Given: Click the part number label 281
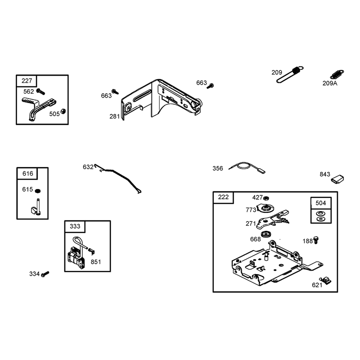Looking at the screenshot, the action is tap(115, 117).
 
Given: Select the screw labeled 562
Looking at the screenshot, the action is tap(40, 92).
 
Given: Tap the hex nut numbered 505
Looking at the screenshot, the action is tap(63, 111).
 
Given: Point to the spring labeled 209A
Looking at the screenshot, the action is tap(337, 74).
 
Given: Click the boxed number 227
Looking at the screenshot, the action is tap(27, 81).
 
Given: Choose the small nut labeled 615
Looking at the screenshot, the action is tap(38, 191).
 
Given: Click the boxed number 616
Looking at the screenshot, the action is tap(27, 174).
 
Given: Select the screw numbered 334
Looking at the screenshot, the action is tap(45, 274).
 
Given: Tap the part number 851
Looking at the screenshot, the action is tap(96, 262).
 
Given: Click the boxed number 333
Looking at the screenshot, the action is tap(75, 226).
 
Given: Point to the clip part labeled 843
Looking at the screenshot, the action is tap(337, 179).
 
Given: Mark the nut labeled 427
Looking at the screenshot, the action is tap(266, 198).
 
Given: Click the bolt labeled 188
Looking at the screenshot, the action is tap(316, 240).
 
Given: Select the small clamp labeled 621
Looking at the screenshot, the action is tap(325, 280).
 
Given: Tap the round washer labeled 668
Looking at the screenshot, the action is tap(266, 234).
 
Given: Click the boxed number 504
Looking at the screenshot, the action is tap(321, 203).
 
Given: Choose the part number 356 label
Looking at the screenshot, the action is tap(218, 168).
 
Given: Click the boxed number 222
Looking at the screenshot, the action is tap(223, 197).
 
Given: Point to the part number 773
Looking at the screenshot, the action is tap(251, 210).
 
